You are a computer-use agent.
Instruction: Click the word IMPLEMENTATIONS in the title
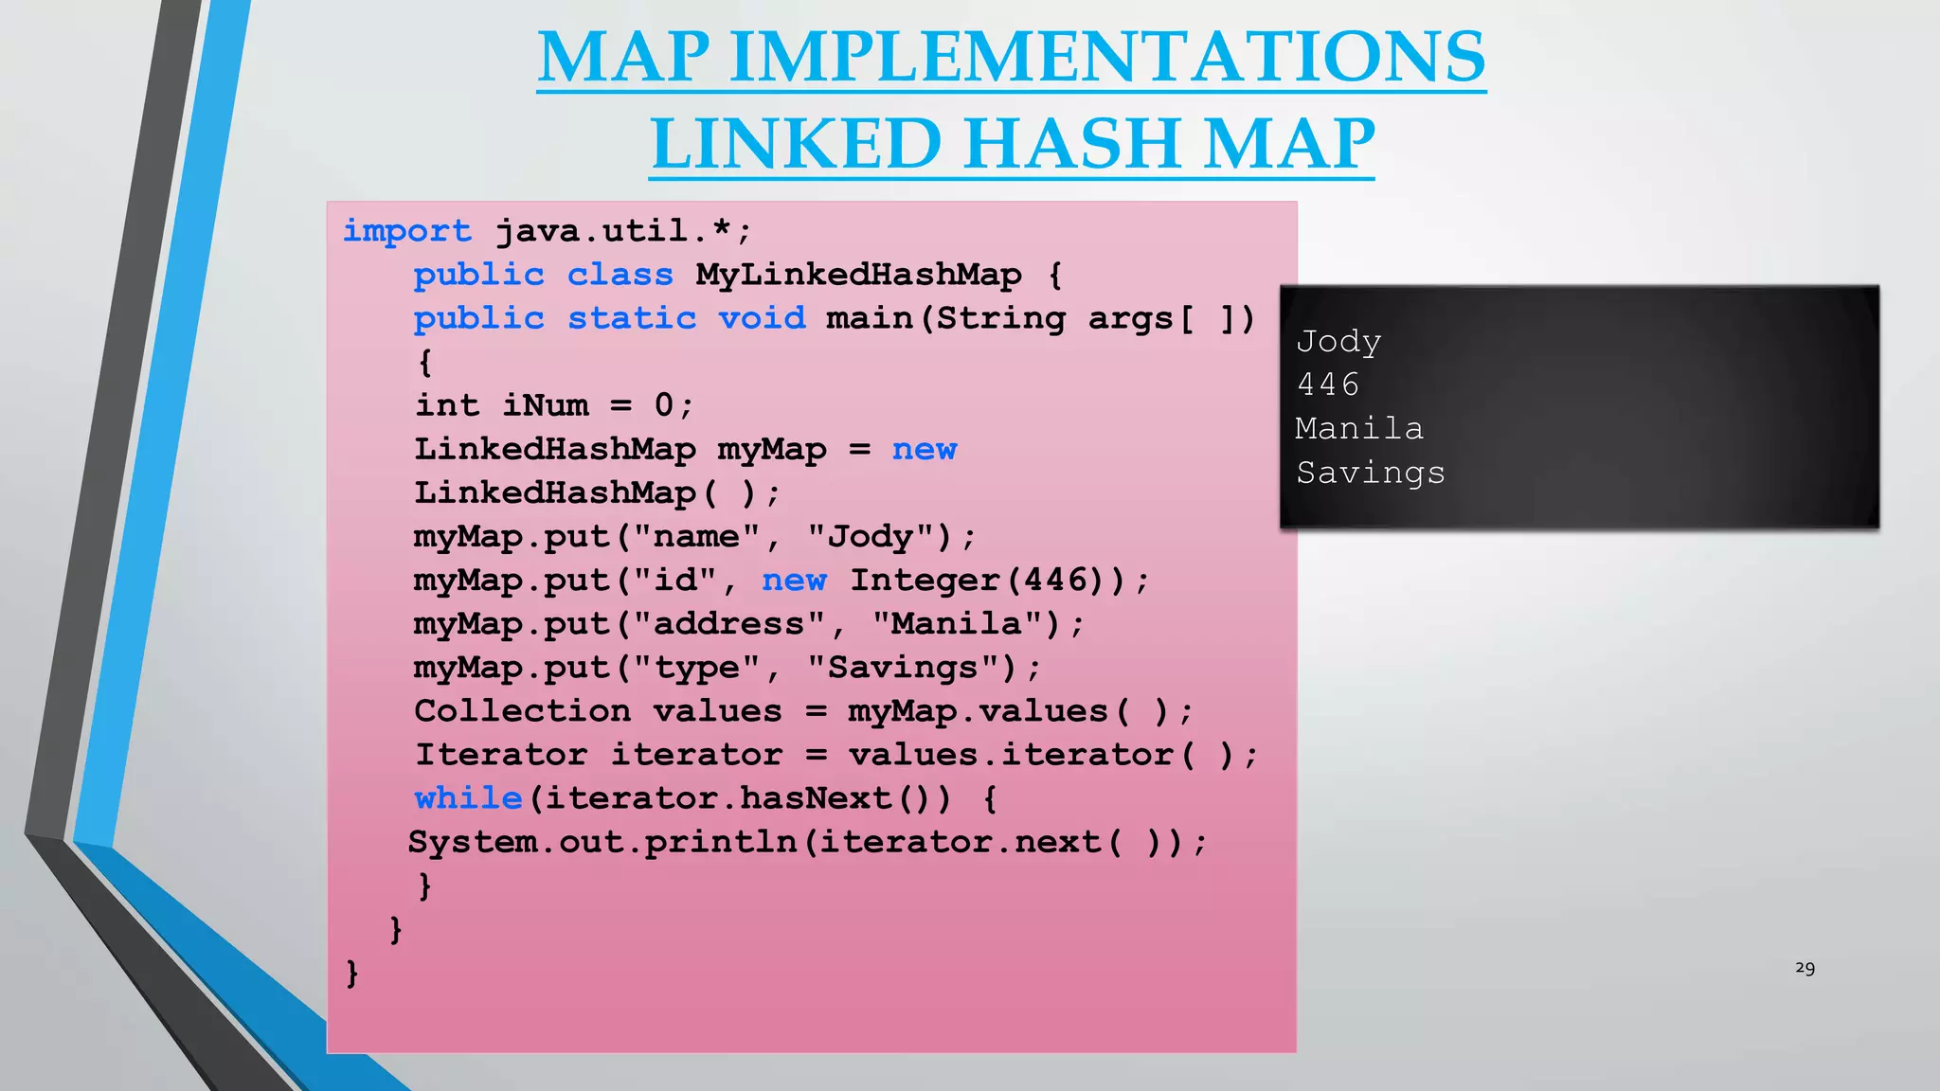click(1107, 57)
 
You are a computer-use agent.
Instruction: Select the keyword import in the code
click(406, 231)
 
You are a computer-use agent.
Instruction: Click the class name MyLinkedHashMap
click(858, 275)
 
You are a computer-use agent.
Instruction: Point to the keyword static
click(632, 318)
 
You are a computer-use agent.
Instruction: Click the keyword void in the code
click(762, 318)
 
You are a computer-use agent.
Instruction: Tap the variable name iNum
click(545, 405)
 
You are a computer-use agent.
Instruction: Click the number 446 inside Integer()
click(1056, 580)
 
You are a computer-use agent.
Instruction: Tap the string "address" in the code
click(728, 624)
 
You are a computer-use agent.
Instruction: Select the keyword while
click(468, 798)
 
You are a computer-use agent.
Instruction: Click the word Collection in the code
click(522, 711)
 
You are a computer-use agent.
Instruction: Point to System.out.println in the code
click(602, 842)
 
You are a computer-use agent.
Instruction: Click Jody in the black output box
click(1338, 342)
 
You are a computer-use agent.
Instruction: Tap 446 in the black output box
click(1328, 385)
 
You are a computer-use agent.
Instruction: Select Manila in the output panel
click(1359, 429)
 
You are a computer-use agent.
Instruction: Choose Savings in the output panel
click(1371, 473)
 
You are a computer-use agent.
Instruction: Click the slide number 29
click(1805, 968)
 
